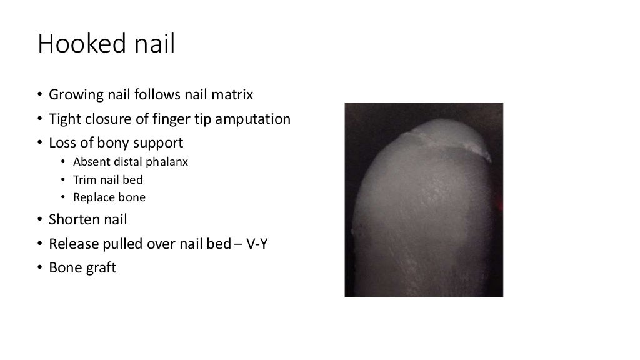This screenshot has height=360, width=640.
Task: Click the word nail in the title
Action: click(152, 44)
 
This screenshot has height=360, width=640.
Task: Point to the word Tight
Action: click(64, 119)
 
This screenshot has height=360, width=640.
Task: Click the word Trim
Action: click(84, 180)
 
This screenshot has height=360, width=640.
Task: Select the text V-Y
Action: click(257, 243)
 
